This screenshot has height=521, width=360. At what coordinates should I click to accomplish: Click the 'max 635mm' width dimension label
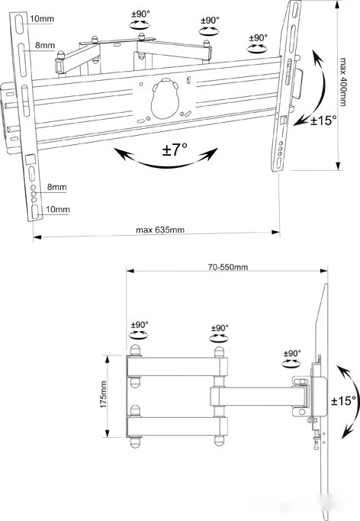click(159, 230)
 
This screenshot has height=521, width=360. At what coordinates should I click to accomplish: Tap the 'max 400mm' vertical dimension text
click(342, 82)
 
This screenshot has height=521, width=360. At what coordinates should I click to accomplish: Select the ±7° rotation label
click(175, 150)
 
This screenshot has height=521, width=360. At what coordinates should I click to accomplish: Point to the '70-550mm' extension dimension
click(228, 267)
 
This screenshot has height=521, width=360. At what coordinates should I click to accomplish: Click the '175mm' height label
click(103, 394)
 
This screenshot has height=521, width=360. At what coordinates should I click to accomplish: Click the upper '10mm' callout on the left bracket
click(42, 18)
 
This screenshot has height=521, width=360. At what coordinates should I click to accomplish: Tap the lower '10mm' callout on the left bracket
click(57, 209)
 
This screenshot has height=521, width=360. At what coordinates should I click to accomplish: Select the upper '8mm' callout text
click(45, 45)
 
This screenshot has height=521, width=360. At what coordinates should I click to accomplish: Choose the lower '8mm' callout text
click(56, 187)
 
